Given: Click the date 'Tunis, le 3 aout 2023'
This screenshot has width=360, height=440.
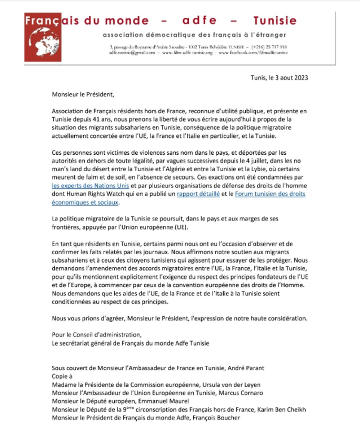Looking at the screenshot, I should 279,77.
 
